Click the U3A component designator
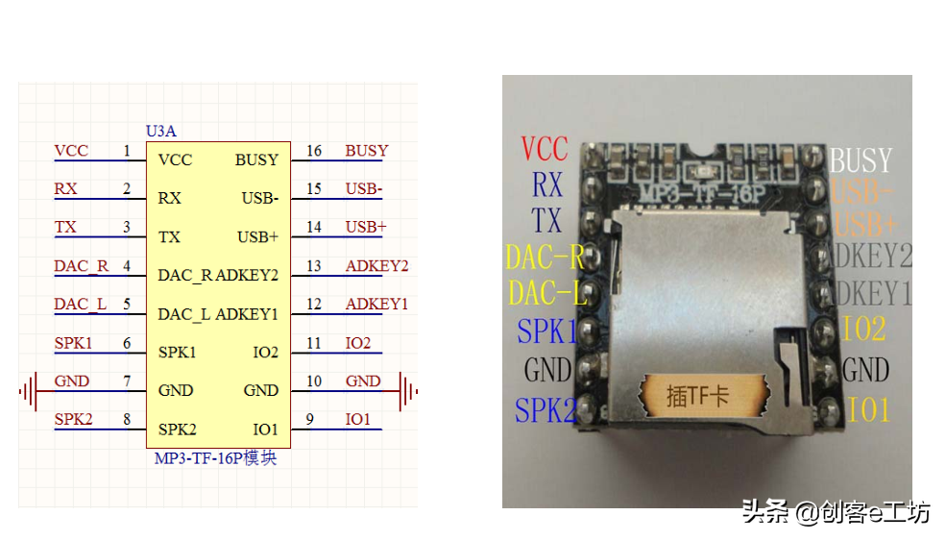click(x=160, y=131)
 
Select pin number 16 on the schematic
click(x=314, y=151)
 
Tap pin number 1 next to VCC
click(x=126, y=151)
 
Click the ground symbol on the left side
click(x=29, y=391)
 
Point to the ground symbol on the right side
click(x=408, y=391)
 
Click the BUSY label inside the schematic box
click(x=256, y=160)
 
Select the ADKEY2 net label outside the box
click(x=376, y=266)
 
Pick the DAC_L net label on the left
click(x=80, y=305)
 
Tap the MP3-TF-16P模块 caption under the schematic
click(x=215, y=458)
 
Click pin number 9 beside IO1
click(x=309, y=420)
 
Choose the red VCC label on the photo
click(x=545, y=149)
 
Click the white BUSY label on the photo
click(x=861, y=160)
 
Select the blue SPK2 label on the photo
click(x=546, y=410)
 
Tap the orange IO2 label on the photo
click(x=863, y=330)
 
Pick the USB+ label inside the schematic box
click(x=257, y=237)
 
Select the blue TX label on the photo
click(x=546, y=220)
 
